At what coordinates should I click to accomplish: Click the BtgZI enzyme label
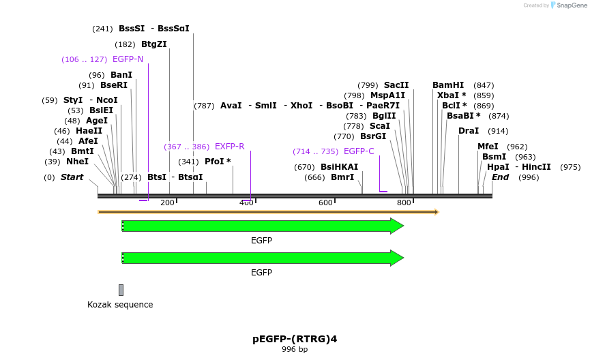coord(153,44)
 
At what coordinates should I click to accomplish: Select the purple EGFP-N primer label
coord(128,59)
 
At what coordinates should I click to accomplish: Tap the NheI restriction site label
coord(77,162)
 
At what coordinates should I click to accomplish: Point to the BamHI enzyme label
coord(447,85)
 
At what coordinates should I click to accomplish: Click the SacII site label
coord(396,85)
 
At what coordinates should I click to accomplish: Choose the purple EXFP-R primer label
coord(229,147)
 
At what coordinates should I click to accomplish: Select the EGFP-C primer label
coord(359,151)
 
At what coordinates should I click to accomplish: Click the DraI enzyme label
coord(468,131)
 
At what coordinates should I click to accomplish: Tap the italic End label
coord(500,177)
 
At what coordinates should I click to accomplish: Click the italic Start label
coord(72,177)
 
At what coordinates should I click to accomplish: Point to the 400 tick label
coord(246,202)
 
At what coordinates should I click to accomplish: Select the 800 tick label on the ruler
coord(404,202)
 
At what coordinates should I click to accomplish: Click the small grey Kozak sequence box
coord(121,290)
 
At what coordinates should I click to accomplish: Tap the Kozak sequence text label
coord(120,305)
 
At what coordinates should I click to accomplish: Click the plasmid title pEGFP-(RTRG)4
coord(295,339)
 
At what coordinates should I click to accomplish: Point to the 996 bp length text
coord(295,350)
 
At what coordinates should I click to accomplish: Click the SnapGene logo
coord(568,5)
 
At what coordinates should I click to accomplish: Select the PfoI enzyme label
coord(218,162)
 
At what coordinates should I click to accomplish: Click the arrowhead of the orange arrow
coord(436,212)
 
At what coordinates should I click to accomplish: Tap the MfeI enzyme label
coord(488,147)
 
